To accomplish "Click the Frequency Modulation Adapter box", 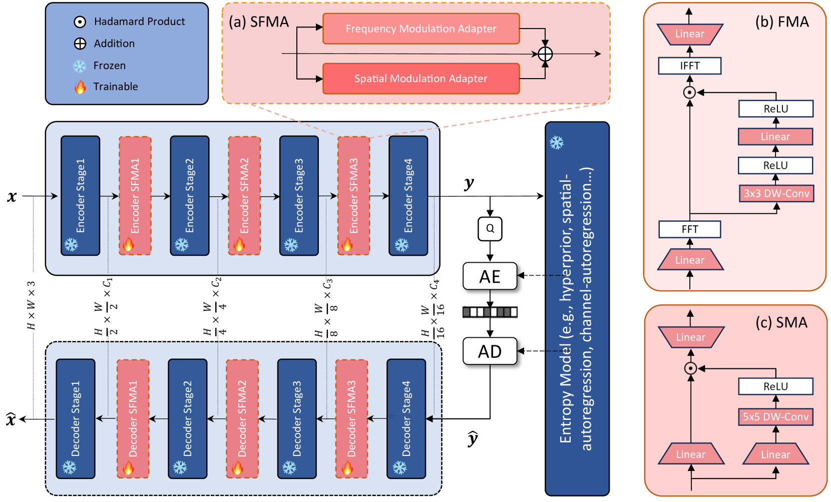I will click(x=421, y=29).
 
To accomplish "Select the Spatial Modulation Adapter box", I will click(x=421, y=79).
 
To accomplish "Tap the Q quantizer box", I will click(x=490, y=229).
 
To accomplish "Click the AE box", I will click(x=490, y=276).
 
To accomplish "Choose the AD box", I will click(x=490, y=351).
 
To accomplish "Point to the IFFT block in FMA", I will click(x=690, y=66).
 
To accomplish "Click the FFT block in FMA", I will click(x=690, y=229).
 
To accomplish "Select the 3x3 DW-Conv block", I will click(x=776, y=194).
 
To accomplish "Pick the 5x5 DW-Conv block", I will click(x=775, y=417).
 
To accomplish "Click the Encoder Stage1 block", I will click(x=80, y=196).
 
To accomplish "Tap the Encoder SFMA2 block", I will click(x=244, y=196).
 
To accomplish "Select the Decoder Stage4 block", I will click(x=406, y=418).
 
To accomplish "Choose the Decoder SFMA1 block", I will click(x=133, y=418).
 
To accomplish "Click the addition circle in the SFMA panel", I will click(x=545, y=54).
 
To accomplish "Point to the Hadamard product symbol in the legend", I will click(x=80, y=22).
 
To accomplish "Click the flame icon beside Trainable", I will click(x=80, y=87).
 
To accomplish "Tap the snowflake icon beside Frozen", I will click(x=80, y=66).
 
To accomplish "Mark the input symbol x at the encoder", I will click(x=12, y=196).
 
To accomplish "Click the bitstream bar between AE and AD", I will click(x=490, y=312).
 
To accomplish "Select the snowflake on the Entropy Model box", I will click(x=557, y=143).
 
